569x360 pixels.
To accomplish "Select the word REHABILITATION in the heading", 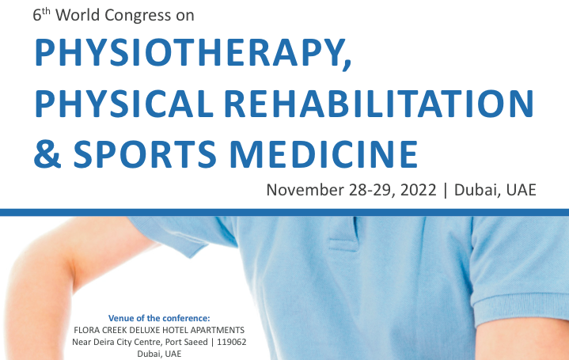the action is coord(379,104).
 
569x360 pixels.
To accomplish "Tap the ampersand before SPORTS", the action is coord(47,153).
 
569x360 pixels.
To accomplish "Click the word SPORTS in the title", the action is coord(145,153).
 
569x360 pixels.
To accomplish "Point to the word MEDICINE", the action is coord(324,153).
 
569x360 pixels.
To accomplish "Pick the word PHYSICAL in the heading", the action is coord(123,104).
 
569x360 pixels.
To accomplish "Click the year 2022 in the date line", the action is coord(418,190).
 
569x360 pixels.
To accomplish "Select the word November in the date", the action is coord(305,190).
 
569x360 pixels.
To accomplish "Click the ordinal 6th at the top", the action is coord(41,14).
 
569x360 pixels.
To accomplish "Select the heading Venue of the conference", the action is coord(159,318).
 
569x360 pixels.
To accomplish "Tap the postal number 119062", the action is coord(232,342).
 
